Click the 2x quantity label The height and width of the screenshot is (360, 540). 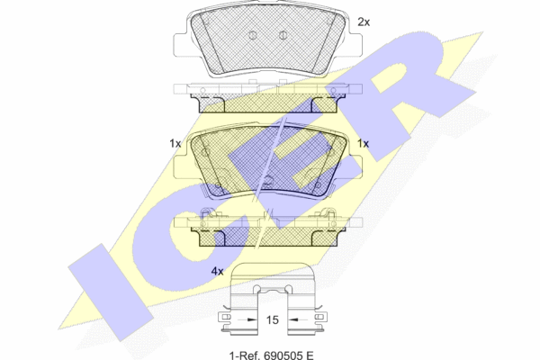[364, 22]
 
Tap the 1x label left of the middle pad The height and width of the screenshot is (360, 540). [175, 143]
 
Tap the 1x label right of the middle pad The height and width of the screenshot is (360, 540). [363, 143]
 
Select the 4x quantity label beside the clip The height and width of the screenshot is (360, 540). [217, 272]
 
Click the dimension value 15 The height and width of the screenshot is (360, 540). [272, 320]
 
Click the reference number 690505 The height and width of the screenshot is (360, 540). [283, 355]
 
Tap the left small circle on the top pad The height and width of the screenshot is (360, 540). [252, 35]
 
